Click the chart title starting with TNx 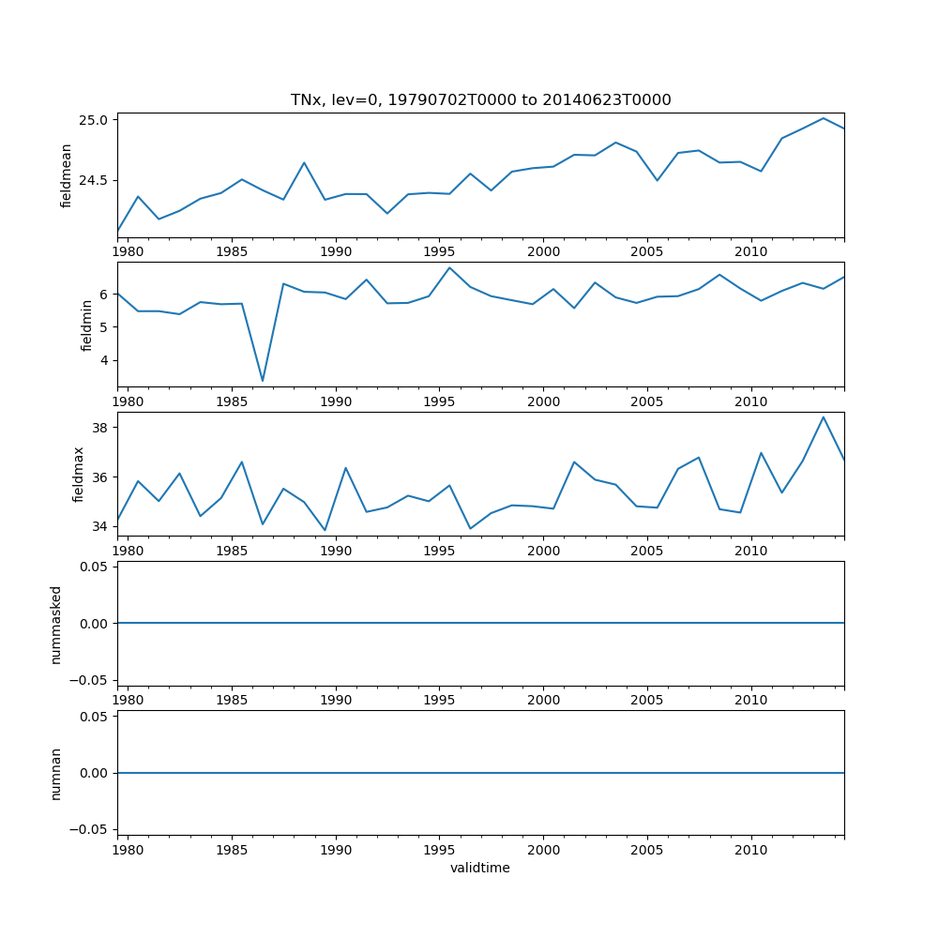[480, 100]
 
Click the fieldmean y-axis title [66, 175]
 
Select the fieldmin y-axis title [86, 325]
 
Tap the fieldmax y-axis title [79, 474]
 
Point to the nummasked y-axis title [56, 624]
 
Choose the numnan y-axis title [56, 773]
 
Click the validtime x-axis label [480, 869]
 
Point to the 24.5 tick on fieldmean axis [94, 180]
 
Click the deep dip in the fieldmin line [263, 381]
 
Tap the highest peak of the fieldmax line [824, 416]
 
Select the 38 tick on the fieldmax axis [101, 428]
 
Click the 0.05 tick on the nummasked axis [95, 567]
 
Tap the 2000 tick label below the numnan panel [544, 850]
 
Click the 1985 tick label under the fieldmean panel [232, 251]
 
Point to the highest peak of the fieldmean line [824, 118]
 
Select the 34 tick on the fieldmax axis [101, 526]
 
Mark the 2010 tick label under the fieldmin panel [751, 401]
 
